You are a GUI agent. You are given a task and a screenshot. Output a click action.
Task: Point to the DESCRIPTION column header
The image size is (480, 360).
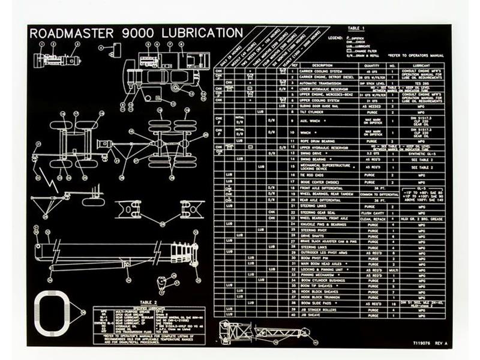pos(322,65)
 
